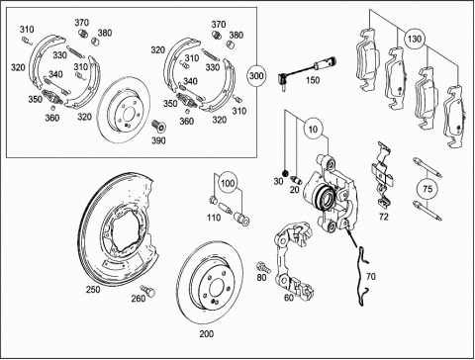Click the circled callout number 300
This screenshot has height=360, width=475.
point(256,76)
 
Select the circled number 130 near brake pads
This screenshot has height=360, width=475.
point(414,39)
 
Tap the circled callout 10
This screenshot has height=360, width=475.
point(313,129)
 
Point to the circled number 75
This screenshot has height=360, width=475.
point(427,189)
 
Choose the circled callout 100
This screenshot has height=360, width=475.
point(228,183)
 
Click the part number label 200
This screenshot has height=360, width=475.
point(207,334)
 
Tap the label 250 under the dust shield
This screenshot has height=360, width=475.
point(93,290)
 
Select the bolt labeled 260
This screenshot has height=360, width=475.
point(147,291)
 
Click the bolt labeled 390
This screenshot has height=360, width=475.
point(159,126)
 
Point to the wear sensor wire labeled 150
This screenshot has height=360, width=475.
point(307,70)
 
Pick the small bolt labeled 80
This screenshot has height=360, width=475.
point(264,267)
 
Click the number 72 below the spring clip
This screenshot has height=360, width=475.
point(384,217)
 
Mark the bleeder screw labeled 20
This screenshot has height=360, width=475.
point(297,181)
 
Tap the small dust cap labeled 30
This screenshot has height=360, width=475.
point(285,173)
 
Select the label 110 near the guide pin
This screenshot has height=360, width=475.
point(214,218)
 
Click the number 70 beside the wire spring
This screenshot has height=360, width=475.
point(371,276)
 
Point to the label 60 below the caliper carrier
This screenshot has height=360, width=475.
point(289,298)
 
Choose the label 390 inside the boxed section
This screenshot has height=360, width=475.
point(158,140)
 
